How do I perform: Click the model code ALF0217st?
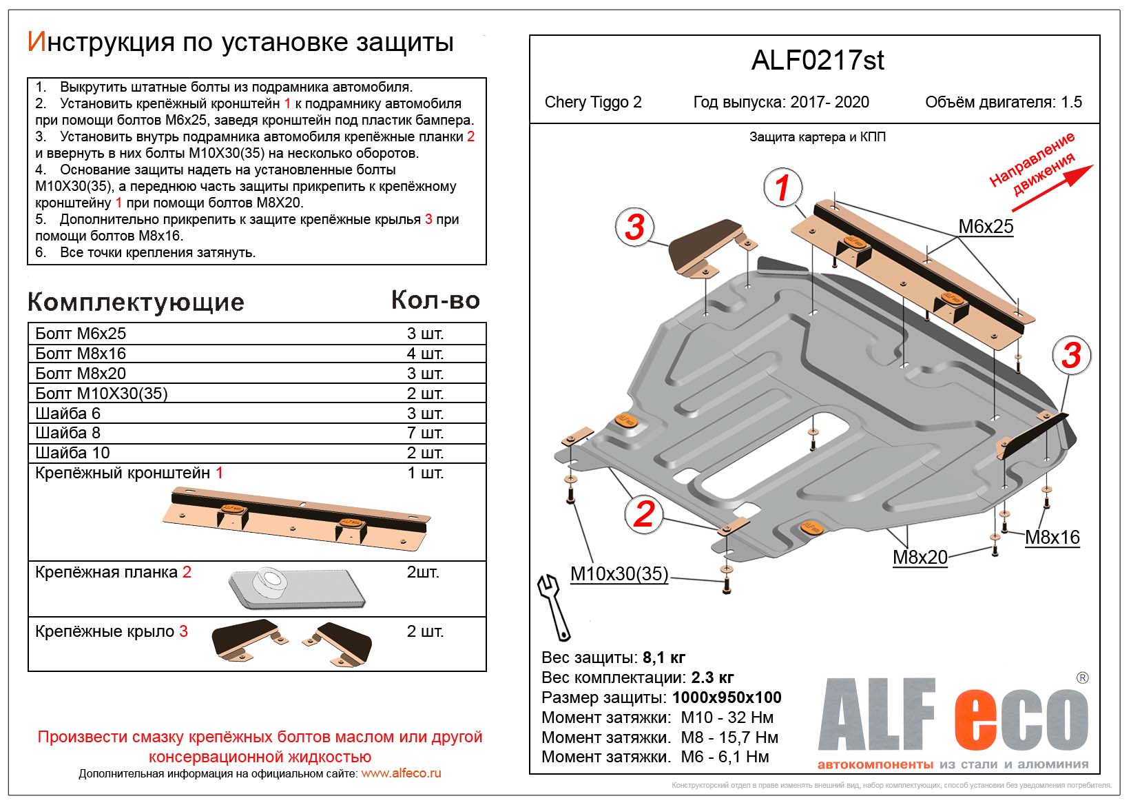pyautogui.click(x=817, y=61)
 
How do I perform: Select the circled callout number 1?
pyautogui.click(x=782, y=187)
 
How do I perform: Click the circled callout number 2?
pyautogui.click(x=643, y=514)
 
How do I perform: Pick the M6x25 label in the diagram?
pyautogui.click(x=986, y=226)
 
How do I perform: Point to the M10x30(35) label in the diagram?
pyautogui.click(x=619, y=573)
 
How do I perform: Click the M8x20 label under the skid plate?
pyautogui.click(x=920, y=557)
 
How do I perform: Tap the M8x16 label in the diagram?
pyautogui.click(x=1052, y=537)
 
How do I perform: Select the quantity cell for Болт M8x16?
pyautogui.click(x=425, y=354)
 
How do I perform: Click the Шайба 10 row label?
pyautogui.click(x=72, y=453)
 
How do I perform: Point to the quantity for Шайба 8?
pyautogui.click(x=425, y=433)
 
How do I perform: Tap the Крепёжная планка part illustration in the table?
pyautogui.click(x=292, y=589)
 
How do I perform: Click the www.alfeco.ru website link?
pyautogui.click(x=401, y=773)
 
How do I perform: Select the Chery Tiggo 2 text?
pyautogui.click(x=592, y=103)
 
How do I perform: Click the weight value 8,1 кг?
pyautogui.click(x=663, y=658)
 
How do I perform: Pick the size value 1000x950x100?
pyautogui.click(x=727, y=697)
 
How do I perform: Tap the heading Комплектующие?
pyautogui.click(x=136, y=302)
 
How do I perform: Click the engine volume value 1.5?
pyautogui.click(x=1071, y=103)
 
